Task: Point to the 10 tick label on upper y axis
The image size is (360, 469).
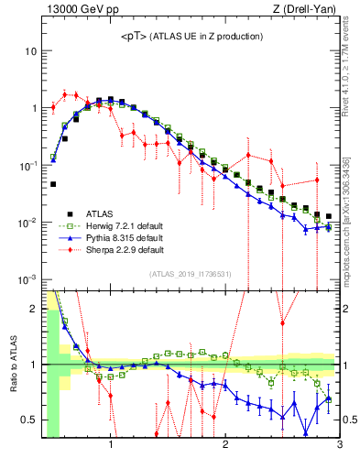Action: (x=30, y=51)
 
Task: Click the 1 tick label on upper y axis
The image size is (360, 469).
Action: (x=33, y=108)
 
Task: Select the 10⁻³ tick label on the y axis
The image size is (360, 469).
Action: (x=27, y=279)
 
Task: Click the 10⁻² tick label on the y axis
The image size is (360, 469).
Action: (x=27, y=223)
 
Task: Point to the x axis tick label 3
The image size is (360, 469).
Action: (x=339, y=446)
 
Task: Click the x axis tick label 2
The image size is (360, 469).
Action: (x=225, y=446)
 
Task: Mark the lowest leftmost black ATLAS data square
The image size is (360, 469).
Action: (x=53, y=184)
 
